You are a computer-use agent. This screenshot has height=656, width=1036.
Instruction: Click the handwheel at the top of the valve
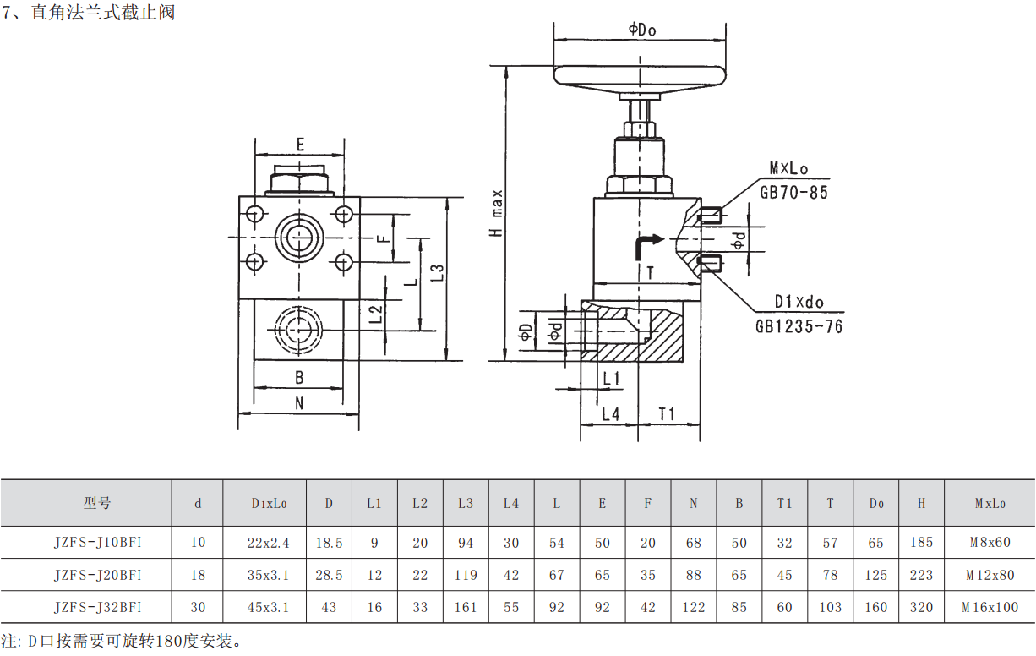[641, 75]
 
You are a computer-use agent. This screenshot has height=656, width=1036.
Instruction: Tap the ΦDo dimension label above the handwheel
[642, 30]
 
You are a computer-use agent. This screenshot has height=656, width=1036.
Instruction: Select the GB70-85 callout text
[793, 192]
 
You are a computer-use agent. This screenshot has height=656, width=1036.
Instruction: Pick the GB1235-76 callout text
[799, 326]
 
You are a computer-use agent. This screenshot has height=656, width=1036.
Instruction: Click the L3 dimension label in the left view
[437, 272]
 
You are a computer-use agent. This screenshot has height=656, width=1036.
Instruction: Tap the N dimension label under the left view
[299, 404]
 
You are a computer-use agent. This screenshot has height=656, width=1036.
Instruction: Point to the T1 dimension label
[668, 413]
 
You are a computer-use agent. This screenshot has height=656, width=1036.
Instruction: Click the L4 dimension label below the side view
[611, 413]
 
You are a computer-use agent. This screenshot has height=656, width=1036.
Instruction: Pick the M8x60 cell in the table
[990, 543]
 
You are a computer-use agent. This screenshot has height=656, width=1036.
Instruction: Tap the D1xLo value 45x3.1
[268, 607]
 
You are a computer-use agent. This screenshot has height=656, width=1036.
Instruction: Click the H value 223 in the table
[921, 575]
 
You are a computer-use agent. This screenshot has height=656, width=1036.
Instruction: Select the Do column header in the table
[876, 503]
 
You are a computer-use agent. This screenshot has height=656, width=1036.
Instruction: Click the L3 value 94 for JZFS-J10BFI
[466, 543]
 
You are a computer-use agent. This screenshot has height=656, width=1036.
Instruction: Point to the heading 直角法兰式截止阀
[102, 14]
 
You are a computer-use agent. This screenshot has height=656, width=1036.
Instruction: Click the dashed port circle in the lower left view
[297, 331]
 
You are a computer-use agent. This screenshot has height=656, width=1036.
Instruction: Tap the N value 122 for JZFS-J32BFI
[693, 607]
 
